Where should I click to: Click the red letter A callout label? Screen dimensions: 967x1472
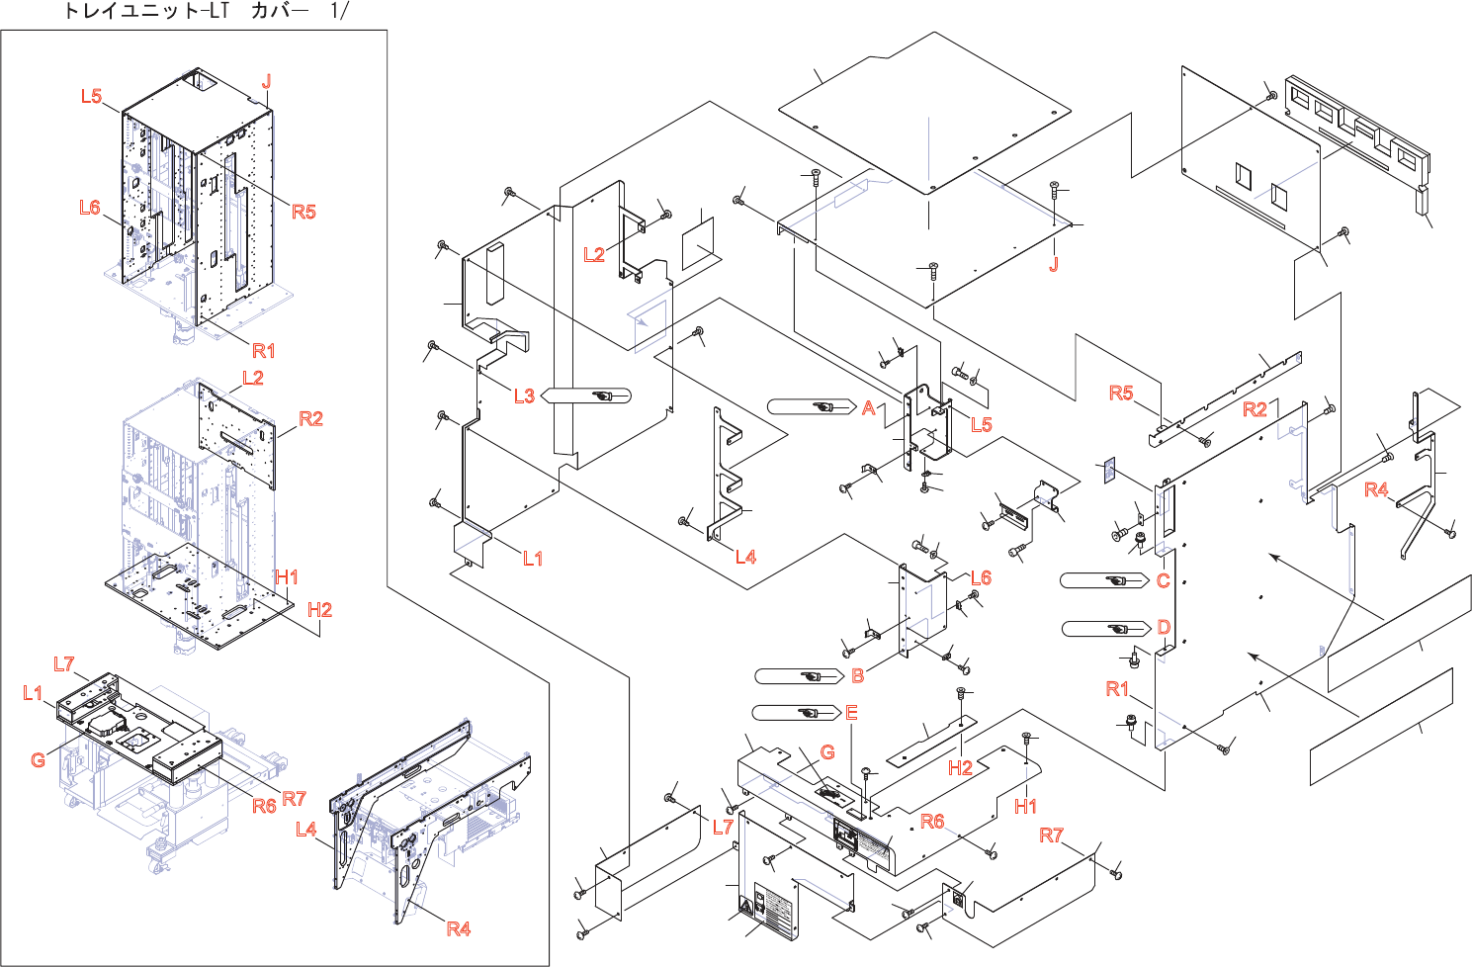(869, 407)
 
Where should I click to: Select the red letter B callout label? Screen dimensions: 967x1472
(858, 675)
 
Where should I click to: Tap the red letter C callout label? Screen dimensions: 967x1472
(1164, 580)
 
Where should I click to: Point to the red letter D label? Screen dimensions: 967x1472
(1164, 628)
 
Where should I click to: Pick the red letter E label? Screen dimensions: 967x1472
(851, 713)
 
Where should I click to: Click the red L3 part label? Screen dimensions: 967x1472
(524, 396)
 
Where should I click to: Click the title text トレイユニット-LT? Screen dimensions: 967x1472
(146, 11)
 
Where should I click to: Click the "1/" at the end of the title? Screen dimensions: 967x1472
(339, 11)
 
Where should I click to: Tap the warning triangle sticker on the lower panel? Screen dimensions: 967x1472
(745, 906)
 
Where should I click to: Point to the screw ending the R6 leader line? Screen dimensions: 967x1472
(992, 853)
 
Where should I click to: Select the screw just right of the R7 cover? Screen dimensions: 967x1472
(1117, 874)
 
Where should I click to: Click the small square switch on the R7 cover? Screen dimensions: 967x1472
(958, 900)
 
